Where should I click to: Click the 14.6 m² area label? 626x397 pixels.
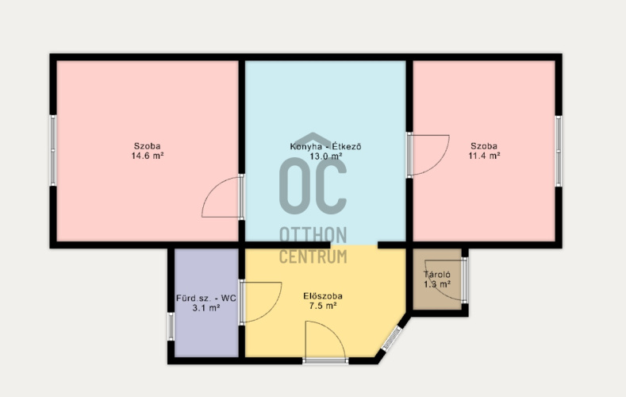coord(148,156)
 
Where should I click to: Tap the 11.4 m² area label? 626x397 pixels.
coord(484,156)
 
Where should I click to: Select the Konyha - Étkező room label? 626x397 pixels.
coord(326,146)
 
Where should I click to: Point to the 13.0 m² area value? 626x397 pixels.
coord(326,156)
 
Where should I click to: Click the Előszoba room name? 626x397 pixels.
coord(323,296)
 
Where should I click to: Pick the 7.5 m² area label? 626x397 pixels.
coord(323,306)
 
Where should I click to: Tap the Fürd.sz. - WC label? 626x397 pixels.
coord(206,298)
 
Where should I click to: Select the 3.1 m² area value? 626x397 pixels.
coord(206,308)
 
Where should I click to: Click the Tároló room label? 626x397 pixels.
coord(437,275)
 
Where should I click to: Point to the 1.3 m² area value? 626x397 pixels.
coord(437,284)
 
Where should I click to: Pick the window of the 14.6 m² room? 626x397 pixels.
coord(53,151)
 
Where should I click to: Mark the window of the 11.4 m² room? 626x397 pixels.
coord(559,151)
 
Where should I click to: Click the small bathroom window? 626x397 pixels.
coord(171,326)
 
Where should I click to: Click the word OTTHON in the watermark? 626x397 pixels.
coord(313,235)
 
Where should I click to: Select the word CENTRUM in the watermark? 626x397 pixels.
coord(313,256)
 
